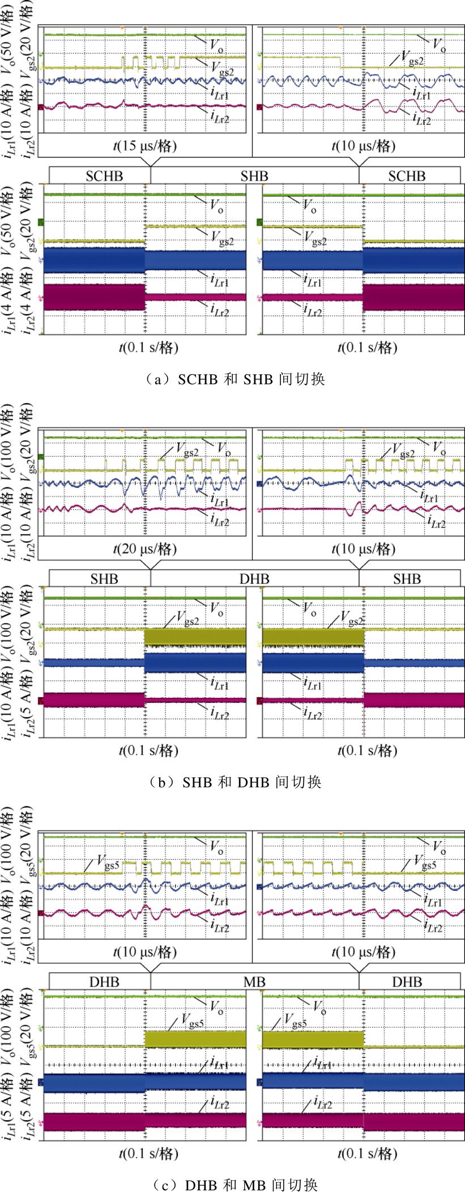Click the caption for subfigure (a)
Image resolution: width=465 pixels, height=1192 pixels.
point(233,379)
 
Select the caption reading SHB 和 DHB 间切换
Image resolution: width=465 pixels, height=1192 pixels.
point(233,782)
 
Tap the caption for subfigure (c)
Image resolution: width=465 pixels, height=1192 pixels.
point(233,1184)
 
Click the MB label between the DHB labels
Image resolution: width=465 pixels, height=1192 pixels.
point(255,981)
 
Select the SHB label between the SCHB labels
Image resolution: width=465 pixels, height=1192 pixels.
point(255,176)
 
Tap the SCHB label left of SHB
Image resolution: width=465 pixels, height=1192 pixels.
point(104,176)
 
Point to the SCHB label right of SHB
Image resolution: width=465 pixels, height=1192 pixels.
point(407,176)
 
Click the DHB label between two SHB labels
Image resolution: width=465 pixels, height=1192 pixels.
point(255,578)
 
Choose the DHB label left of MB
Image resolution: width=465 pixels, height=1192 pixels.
point(104,981)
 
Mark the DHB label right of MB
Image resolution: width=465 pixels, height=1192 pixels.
point(407,981)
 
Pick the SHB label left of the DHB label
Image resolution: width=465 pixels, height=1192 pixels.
point(104,578)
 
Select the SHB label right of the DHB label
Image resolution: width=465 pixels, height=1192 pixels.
point(407,578)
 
